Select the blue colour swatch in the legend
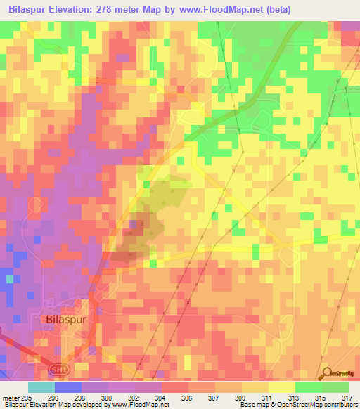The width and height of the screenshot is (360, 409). click(x=67, y=387)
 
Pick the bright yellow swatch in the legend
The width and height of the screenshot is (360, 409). click(x=281, y=387)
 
